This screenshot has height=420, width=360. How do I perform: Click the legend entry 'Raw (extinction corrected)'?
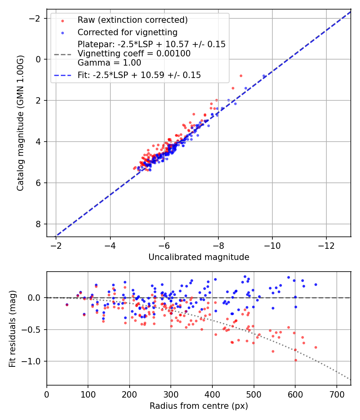coord(132,20)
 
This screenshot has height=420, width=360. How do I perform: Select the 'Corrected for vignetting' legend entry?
coord(127,32)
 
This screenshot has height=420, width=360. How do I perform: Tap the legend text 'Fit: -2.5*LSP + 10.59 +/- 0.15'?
coord(139,75)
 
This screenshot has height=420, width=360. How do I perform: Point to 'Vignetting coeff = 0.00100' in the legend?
coord(134,53)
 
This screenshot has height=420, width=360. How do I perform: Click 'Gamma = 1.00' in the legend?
coord(109,62)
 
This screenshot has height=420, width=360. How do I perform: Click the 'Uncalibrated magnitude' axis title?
coord(199,257)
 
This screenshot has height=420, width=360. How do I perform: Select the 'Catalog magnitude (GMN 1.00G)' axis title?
coord(20,123)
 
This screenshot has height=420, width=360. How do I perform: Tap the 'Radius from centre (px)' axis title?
coord(199,406)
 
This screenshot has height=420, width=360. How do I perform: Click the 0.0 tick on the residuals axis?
coord(37,298)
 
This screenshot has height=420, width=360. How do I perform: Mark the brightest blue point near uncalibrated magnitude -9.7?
coord(264,76)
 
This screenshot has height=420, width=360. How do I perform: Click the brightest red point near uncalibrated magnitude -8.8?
coord(241,76)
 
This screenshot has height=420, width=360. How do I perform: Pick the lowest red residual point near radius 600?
coord(296,360)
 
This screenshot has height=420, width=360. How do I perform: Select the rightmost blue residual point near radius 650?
coord(316,284)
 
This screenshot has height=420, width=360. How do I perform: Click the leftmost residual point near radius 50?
coord(67,304)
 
